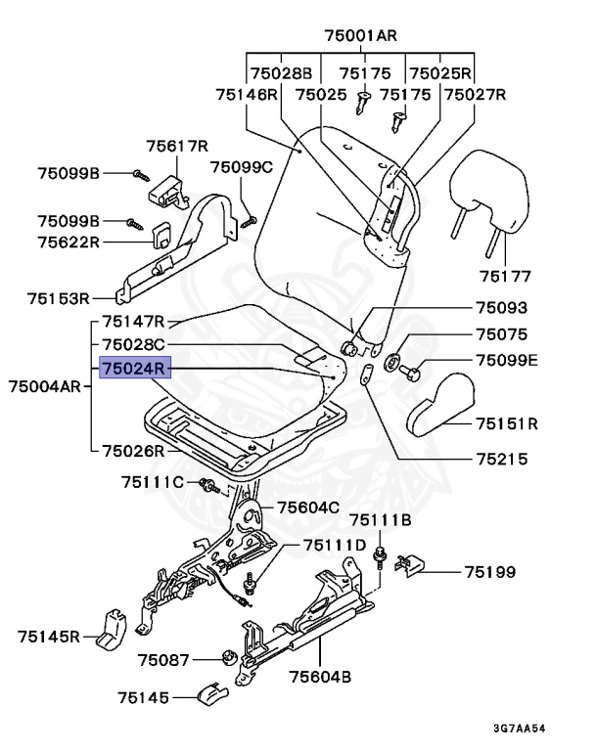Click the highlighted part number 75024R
(133, 368)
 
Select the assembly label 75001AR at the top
(360, 36)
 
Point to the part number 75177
(505, 275)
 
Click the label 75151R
(508, 423)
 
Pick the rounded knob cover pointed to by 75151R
(439, 401)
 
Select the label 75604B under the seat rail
(319, 676)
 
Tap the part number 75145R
(48, 637)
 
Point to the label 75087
(162, 660)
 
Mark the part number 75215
(501, 458)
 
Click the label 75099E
(507, 361)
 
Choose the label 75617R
(178, 147)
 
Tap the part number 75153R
(59, 298)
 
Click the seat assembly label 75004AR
(45, 385)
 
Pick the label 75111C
(152, 481)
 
